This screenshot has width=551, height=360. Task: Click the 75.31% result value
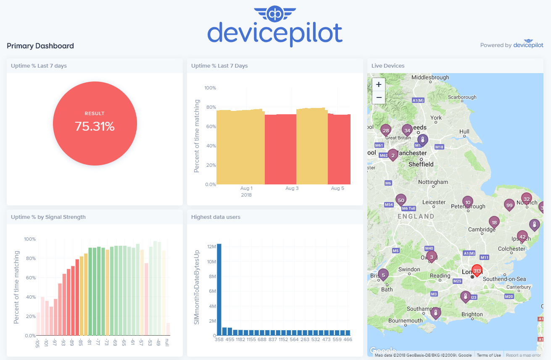point(95,126)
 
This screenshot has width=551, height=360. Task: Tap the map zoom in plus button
point(379,84)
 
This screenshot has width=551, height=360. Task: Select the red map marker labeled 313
point(477,271)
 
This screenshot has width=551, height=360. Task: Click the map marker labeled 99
point(509,205)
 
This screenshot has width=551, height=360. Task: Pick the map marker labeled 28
point(386,130)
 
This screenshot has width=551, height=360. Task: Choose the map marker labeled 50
point(401,200)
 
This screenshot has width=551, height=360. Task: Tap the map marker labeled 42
point(522,237)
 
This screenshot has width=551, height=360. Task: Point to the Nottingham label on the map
point(433,182)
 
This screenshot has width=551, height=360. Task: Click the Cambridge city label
point(482,229)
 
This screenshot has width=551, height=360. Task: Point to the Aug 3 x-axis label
point(292,189)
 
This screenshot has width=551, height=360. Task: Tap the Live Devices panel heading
point(388,66)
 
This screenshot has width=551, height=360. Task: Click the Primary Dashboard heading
point(40,46)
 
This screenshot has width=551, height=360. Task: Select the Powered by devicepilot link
point(511,45)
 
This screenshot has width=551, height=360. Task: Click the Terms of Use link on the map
point(489,355)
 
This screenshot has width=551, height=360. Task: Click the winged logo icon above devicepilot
point(275,13)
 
